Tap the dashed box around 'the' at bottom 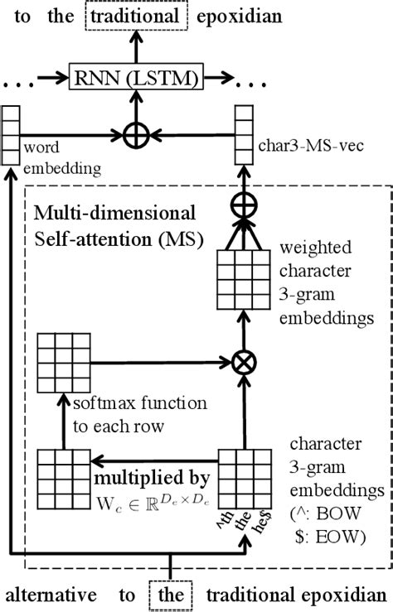[x=171, y=594]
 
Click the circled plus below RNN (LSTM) [x=131, y=134]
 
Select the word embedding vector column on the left [x=10, y=134]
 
